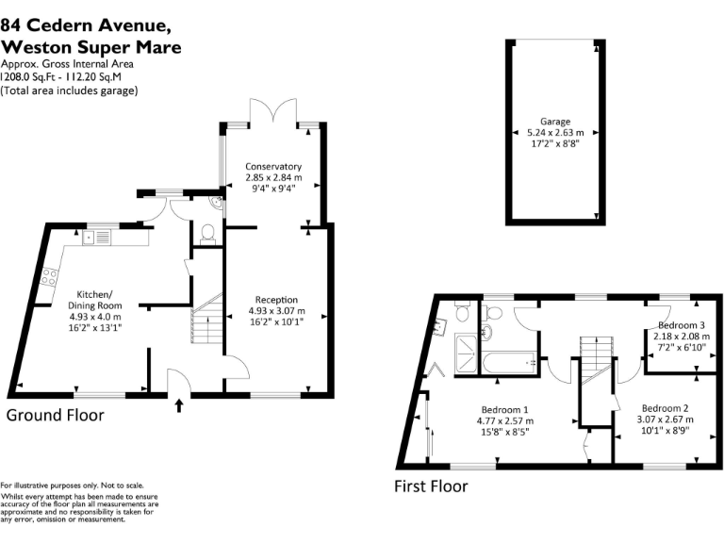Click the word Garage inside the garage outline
(x=555, y=121)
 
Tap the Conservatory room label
(x=268, y=166)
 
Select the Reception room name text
(x=272, y=299)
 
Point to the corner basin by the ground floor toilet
(x=216, y=201)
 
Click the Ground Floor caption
(x=55, y=415)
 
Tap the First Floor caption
(x=430, y=486)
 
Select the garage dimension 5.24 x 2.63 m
(x=555, y=133)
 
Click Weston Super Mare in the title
(x=90, y=47)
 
